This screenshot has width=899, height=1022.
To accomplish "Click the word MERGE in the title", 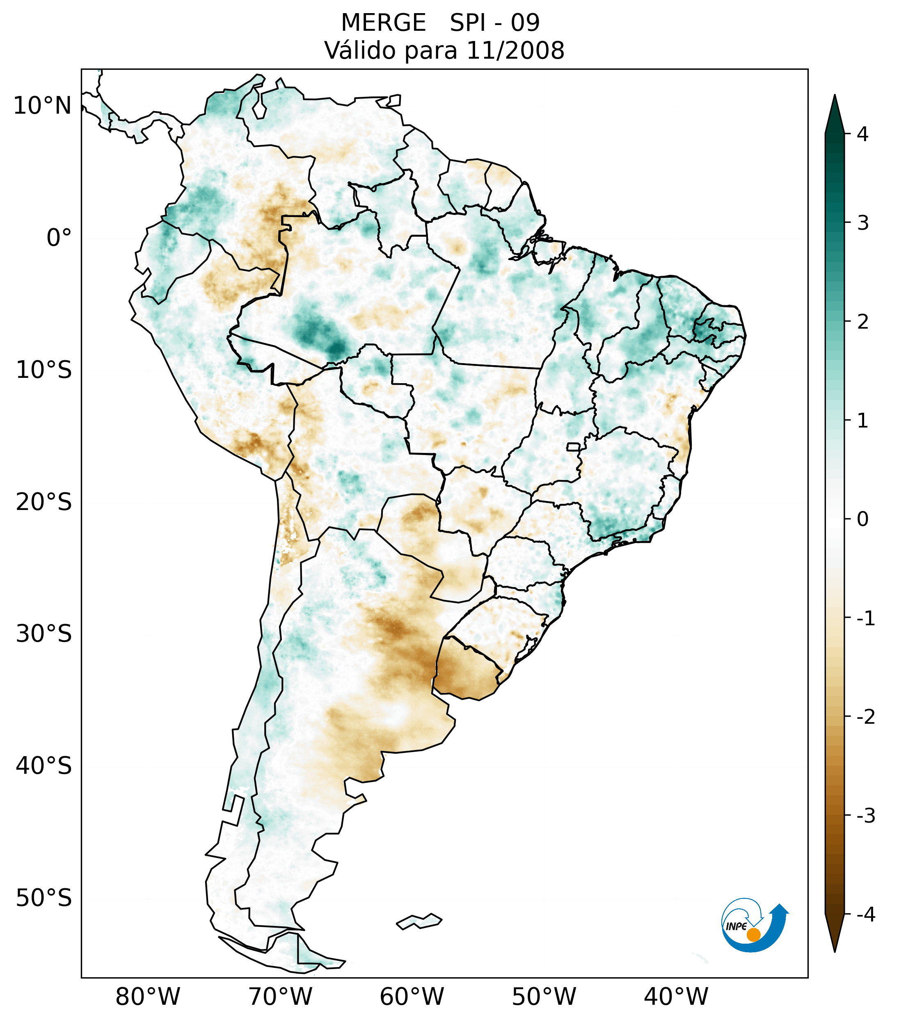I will tap(384, 23).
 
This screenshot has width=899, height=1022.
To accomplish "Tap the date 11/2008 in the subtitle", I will tap(515, 50).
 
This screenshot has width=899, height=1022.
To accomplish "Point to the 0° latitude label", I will tap(59, 238).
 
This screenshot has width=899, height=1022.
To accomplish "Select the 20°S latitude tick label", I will tap(44, 502).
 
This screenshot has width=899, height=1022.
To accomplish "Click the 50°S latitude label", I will tap(44, 898).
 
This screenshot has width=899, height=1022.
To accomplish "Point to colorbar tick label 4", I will tap(862, 134).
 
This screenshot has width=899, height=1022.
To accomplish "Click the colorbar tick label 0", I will tap(862, 519).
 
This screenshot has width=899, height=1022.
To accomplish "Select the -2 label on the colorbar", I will tap(865, 717).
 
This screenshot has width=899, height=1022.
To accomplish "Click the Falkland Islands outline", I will tap(419, 921).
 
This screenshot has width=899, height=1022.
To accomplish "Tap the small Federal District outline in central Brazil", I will tap(574, 446).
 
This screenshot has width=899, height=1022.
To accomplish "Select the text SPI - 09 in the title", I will tap(494, 23).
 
